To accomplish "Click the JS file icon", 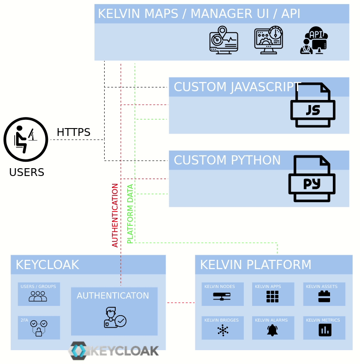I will (313, 106).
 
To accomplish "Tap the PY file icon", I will (312, 179).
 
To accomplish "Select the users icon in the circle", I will (26, 139).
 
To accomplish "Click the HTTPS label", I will (73, 132).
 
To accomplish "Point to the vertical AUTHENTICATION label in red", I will (115, 215).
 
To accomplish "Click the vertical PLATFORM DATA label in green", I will (130, 214).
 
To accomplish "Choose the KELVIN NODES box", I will (222, 294).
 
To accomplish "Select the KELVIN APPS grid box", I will (272, 294).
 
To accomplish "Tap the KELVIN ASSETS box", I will (324, 294).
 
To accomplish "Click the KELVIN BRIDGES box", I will (222, 328).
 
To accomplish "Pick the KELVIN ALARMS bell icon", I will (272, 330).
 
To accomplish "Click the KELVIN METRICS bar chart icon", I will (325, 330).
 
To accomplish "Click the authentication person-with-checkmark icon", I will (114, 317).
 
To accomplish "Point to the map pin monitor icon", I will (224, 41).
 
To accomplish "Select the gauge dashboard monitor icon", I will (269, 41).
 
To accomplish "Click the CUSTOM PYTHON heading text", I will (227, 160).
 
